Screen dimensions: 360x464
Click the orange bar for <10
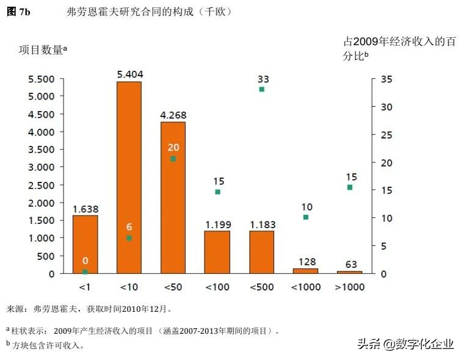(129, 177)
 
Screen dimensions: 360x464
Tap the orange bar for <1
(85, 244)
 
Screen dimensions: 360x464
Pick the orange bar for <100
(217, 252)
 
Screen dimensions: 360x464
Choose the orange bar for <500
(261, 252)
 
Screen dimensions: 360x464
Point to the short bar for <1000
(305, 271)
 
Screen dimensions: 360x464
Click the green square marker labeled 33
(262, 89)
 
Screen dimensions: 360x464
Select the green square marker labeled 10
(306, 217)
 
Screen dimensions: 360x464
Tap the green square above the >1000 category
(350, 187)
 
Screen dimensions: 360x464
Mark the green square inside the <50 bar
(173, 159)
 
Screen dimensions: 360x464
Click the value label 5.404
(129, 74)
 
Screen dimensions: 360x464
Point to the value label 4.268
(173, 115)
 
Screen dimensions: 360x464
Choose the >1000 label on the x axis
(350, 287)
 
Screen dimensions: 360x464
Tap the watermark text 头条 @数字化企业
(405, 344)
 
